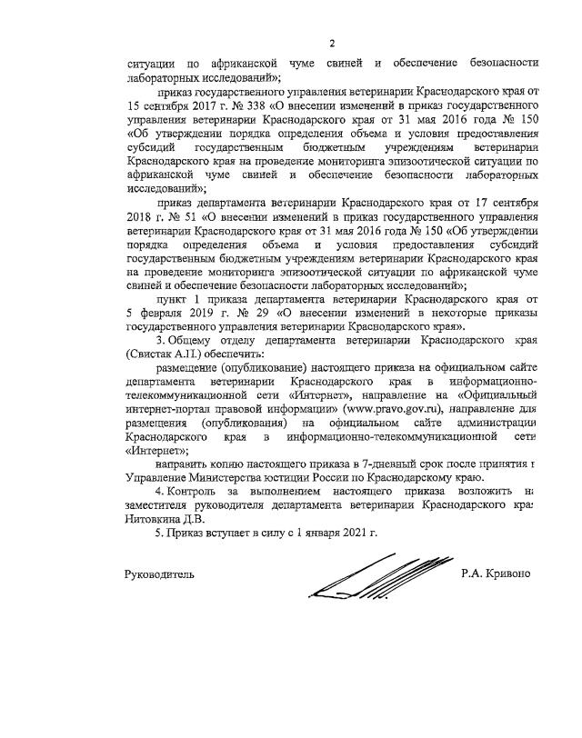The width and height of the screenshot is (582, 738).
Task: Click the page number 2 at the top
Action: pyautogui.click(x=332, y=43)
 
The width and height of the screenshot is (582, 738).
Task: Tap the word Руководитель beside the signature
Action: pyautogui.click(x=159, y=573)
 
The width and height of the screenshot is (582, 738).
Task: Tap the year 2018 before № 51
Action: pyautogui.click(x=137, y=220)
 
